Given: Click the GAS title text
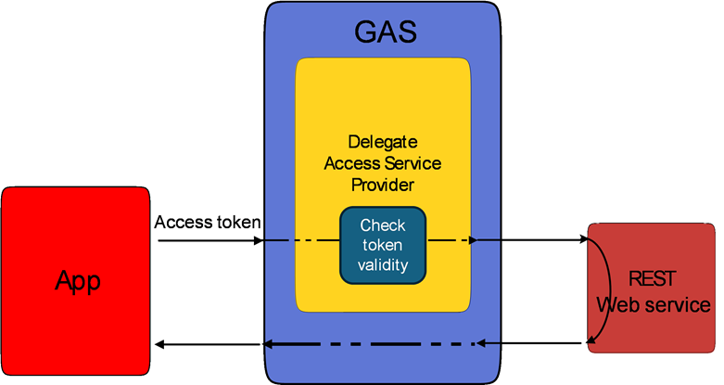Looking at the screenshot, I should (386, 32).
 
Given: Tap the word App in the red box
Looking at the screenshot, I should (77, 281).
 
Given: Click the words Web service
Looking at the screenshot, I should (654, 305).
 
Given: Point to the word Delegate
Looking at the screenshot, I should (382, 142).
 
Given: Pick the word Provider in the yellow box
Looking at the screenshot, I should (382, 185).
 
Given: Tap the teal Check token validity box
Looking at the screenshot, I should (382, 245).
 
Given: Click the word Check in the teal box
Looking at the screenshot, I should (382, 225).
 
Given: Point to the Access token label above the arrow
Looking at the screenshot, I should (208, 223).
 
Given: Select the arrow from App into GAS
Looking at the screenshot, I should (211, 241).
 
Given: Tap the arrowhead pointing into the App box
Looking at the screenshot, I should (159, 344).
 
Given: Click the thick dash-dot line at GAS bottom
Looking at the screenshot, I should (371, 344).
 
